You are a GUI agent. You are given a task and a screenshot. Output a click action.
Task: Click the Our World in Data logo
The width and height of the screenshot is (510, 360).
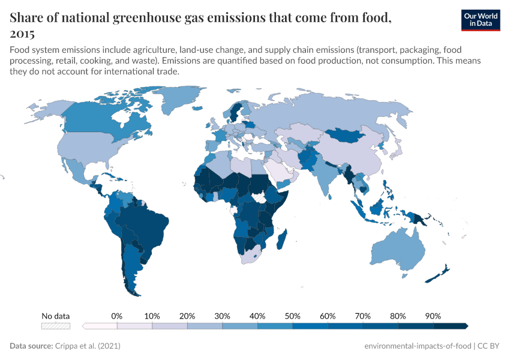480,20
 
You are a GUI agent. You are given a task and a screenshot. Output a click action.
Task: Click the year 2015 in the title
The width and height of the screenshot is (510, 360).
22,34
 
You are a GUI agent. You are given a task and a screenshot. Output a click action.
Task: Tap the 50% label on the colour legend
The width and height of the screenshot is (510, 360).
292,316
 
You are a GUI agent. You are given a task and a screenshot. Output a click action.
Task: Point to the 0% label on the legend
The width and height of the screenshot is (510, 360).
117,316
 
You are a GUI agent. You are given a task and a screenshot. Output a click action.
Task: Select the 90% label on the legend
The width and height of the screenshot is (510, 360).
433,316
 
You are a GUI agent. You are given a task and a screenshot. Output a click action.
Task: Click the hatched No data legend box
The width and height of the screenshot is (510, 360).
55,326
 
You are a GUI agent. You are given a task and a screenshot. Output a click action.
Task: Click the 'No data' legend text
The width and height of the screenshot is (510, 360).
55,316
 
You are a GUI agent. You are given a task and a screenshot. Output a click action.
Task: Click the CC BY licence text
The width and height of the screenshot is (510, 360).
491,346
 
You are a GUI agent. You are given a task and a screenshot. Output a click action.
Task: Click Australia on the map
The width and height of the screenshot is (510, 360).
398,251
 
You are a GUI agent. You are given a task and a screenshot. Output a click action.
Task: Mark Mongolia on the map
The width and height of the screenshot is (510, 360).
348,136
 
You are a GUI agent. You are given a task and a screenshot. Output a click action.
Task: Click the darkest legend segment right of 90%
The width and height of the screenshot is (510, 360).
450,326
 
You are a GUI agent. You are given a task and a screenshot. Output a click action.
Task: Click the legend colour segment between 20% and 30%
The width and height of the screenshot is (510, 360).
205,326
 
